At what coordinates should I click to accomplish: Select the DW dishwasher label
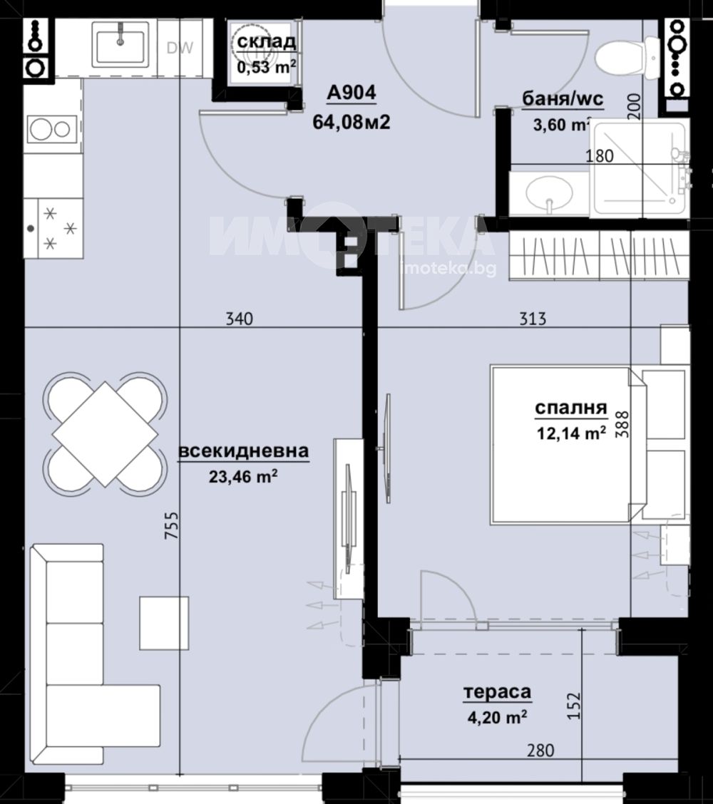(180, 48)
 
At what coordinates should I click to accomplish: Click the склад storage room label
(266, 41)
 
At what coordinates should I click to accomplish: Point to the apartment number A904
(352, 93)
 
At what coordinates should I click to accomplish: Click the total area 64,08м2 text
(352, 122)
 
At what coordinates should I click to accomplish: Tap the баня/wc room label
(563, 98)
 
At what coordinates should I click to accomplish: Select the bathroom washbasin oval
(549, 194)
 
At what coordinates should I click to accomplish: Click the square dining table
(106, 434)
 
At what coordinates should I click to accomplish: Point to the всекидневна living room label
(244, 451)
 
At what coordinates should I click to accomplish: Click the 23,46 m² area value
(243, 477)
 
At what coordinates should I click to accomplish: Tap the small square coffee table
(163, 622)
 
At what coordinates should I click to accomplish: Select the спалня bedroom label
(571, 408)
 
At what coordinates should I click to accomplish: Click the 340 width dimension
(240, 319)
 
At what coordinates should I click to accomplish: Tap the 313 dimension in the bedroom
(533, 319)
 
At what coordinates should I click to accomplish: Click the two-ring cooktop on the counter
(52, 130)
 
